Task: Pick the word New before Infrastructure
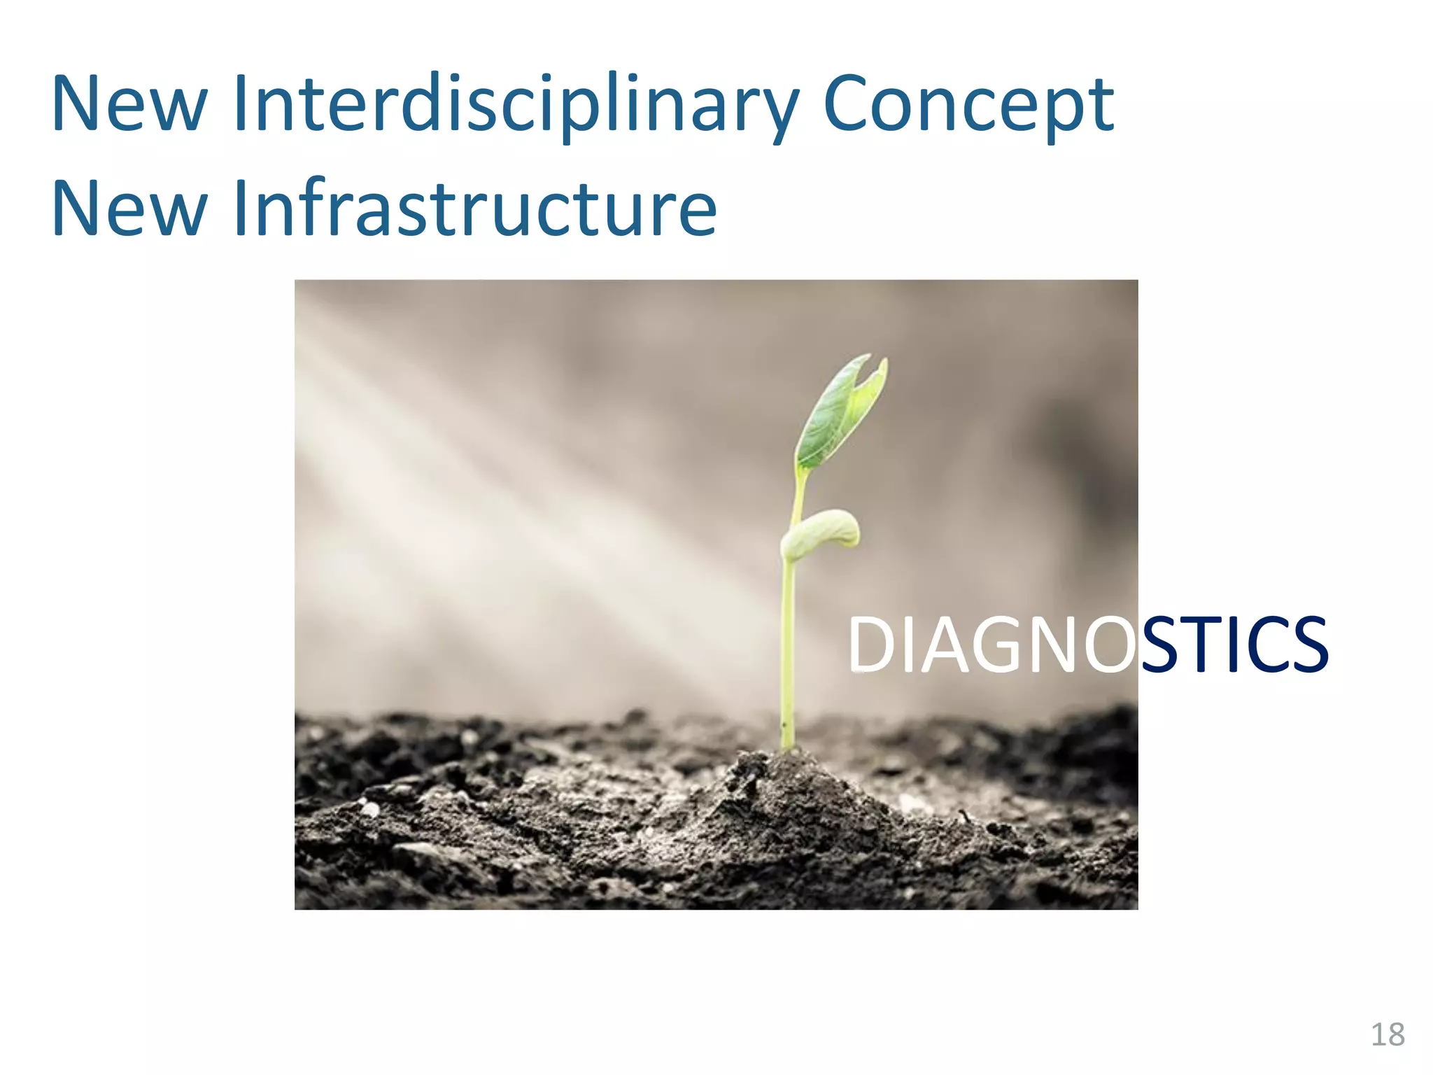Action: coord(129,208)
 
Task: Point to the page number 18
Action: coord(1388,1034)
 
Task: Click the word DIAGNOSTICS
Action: coord(1087,645)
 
